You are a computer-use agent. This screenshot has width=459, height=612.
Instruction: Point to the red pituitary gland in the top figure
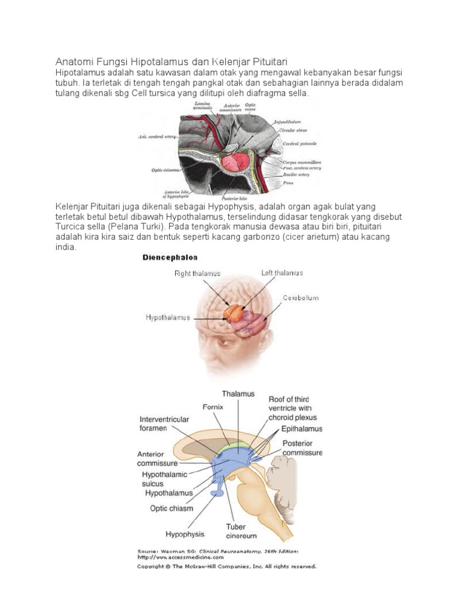pos(235,162)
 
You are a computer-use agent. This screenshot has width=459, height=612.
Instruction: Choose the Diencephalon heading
pos(169,258)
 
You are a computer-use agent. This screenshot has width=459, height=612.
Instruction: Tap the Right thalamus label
pos(197,273)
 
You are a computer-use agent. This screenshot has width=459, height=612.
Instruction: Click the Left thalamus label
pos(282,273)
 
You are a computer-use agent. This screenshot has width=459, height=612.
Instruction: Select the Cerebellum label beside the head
pos(301,297)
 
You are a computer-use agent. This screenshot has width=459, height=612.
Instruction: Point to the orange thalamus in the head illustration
pos(234,313)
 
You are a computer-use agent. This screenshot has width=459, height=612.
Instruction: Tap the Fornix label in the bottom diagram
pos(212,406)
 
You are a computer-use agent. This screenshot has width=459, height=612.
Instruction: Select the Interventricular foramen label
pos(164,424)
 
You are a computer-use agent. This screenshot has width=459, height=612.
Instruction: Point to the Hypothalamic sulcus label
pos(162,479)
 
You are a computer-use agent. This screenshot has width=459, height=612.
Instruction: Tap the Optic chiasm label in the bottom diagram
pos(172,509)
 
